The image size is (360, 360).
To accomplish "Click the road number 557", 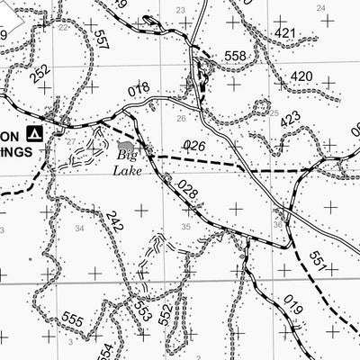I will point(99,40).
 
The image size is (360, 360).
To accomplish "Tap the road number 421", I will point(285,34).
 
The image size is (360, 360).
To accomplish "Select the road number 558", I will point(236,56).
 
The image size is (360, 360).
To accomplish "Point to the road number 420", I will point(302,76).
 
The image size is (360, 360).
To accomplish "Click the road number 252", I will point(40,76).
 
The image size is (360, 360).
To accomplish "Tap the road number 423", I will point(290,118).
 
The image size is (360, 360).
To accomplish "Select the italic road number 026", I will point(194,145).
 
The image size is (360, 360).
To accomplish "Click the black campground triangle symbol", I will point(36,133).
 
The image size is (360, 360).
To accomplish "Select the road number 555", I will point(74,319).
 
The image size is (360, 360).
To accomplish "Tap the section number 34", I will point(79,229).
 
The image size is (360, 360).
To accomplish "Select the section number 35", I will point(185,227).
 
